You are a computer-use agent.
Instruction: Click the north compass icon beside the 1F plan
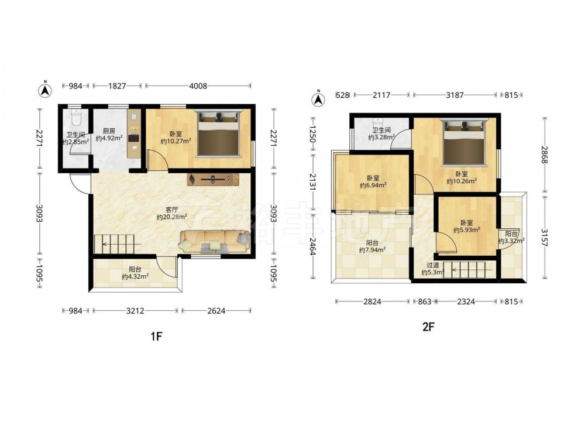45,89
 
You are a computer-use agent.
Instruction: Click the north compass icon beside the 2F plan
318,98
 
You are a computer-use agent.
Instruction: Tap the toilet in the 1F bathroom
76,117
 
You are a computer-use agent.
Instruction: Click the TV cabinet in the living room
213,179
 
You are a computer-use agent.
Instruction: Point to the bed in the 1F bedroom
218,133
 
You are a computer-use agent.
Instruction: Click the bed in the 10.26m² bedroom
464,142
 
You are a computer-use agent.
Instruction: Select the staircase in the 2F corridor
468,269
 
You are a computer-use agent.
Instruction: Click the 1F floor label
156,337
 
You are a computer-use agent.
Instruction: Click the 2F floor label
428,327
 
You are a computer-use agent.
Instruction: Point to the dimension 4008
198,86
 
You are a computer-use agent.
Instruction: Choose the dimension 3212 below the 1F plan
135,311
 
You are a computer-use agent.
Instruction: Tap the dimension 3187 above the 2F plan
455,95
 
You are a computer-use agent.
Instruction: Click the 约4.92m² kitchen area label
109,138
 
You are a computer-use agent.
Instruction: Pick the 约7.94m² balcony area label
372,250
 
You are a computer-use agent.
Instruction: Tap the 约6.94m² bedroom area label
373,185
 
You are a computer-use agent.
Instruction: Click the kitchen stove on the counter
133,138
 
